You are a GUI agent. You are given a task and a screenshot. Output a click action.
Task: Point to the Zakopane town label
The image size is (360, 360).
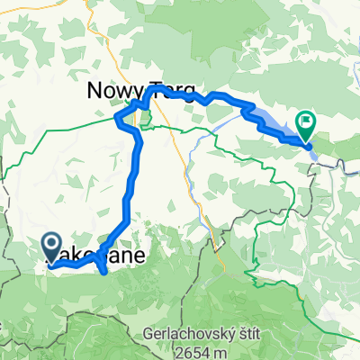[x=94, y=257]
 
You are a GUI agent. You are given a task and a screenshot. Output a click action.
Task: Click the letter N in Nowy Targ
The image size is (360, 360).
[x=94, y=90]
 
